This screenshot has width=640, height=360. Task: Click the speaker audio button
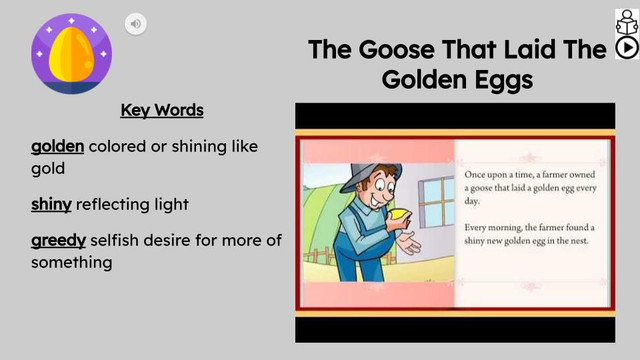point(136,24)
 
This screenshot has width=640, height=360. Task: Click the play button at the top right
point(627,47)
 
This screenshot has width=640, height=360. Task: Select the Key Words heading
point(161,110)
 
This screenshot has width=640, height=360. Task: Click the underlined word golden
point(57,147)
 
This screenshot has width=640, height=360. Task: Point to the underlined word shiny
point(51,204)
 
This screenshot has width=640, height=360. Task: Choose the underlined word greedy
point(58,241)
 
